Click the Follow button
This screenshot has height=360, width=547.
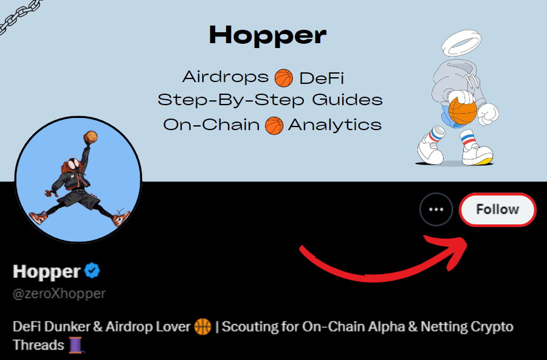pos(498,210)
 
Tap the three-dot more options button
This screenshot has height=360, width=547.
pos(436,210)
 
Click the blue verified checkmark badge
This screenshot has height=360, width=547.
pos(92,271)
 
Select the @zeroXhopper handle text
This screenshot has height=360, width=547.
pos(59,294)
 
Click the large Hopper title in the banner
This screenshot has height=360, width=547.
pos(267,35)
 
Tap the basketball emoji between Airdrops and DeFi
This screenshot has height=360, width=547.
pos(284,78)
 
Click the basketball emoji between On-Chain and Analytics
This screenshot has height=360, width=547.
pos(274,125)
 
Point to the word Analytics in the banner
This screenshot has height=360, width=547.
pos(335,125)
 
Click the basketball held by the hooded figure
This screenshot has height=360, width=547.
pos(463,111)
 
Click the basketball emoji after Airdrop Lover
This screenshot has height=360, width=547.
pos(202,327)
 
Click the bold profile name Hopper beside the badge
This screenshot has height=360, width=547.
pos(46,271)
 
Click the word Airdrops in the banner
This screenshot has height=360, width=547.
pos(225,77)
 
